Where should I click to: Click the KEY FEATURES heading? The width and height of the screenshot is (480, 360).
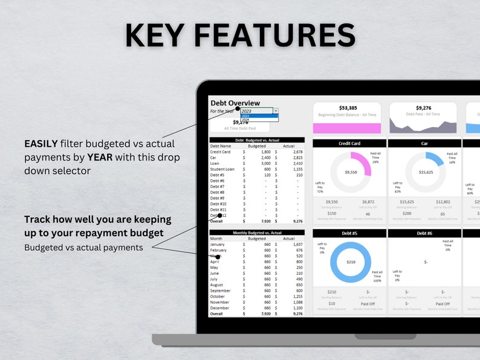click(x=240, y=35)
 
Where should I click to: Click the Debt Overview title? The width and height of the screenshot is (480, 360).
click(x=235, y=103)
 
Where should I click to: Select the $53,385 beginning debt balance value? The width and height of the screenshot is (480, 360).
click(x=347, y=108)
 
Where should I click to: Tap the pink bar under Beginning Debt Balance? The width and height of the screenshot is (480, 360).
click(x=347, y=128)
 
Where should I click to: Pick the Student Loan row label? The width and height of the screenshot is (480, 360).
click(x=222, y=169)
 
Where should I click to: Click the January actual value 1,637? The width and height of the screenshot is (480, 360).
click(x=297, y=244)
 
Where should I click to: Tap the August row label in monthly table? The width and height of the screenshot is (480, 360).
click(x=217, y=284)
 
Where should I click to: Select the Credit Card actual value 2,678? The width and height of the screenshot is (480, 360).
click(x=297, y=152)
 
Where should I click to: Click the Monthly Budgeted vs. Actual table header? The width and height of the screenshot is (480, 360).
click(x=257, y=233)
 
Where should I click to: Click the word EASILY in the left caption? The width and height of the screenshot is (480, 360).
click(x=41, y=144)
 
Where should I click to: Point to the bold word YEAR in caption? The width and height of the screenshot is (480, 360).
click(x=101, y=157)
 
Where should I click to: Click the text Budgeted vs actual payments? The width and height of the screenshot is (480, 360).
click(x=83, y=247)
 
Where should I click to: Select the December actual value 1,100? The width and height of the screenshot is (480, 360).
click(x=297, y=308)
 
